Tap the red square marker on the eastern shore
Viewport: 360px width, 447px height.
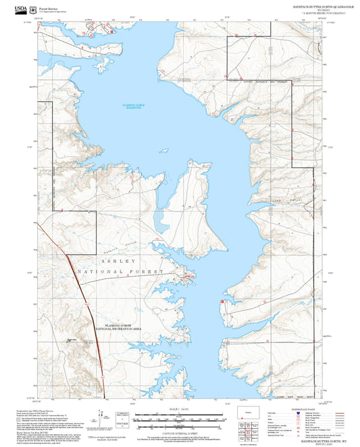[222, 302]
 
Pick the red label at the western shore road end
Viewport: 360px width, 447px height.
[188, 275]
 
